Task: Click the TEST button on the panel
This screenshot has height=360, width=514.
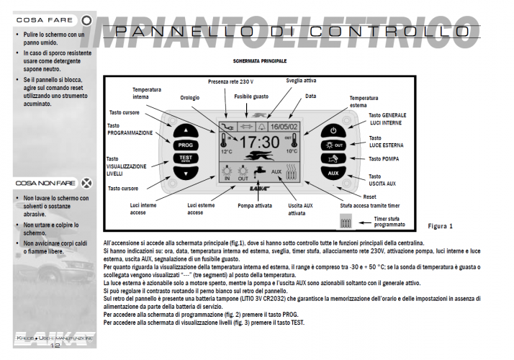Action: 186,159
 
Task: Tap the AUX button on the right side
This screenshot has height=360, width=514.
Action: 333,174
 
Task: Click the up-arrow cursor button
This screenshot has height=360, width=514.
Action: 186,130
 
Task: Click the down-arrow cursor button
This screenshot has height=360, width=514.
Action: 186,174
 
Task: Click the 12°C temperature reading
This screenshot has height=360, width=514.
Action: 227,152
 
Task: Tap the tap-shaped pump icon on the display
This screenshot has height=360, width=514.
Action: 258,173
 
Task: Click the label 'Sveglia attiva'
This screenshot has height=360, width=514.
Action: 301,81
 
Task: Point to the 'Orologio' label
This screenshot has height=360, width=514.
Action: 190,97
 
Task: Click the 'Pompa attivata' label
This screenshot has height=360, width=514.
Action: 255,206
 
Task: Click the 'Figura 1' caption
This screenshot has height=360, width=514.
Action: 441,226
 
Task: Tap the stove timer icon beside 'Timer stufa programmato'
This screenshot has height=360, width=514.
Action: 345,224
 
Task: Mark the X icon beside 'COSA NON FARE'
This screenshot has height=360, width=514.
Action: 86,183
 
